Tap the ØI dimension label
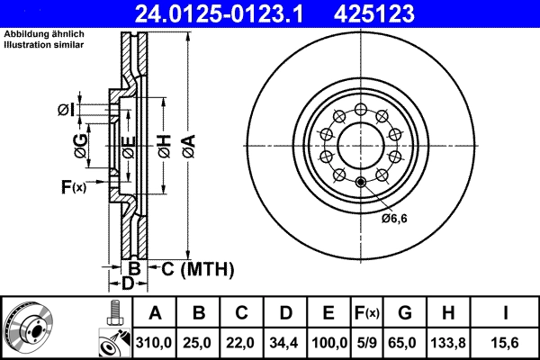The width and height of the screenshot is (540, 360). pos(65,110)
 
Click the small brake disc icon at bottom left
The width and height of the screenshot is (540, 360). pos(30,328)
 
